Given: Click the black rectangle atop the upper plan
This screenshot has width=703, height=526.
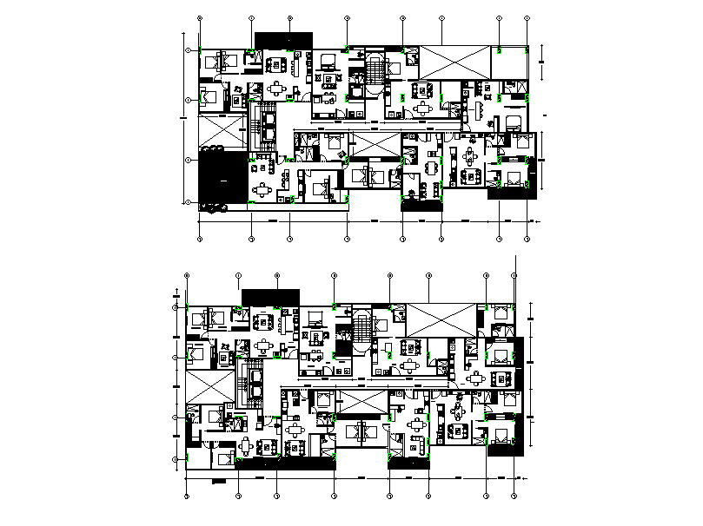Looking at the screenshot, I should coord(282,40).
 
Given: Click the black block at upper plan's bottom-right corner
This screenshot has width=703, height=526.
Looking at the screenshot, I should coord(511,194).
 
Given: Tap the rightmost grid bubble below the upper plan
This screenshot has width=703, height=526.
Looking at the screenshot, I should coord(529,238).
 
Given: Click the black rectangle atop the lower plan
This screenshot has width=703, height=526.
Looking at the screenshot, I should coord(271,296).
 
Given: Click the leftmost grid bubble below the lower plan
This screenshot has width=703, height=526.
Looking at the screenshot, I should coord(187,497).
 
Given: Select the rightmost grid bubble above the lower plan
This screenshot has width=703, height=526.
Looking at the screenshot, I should coord(515,276).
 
